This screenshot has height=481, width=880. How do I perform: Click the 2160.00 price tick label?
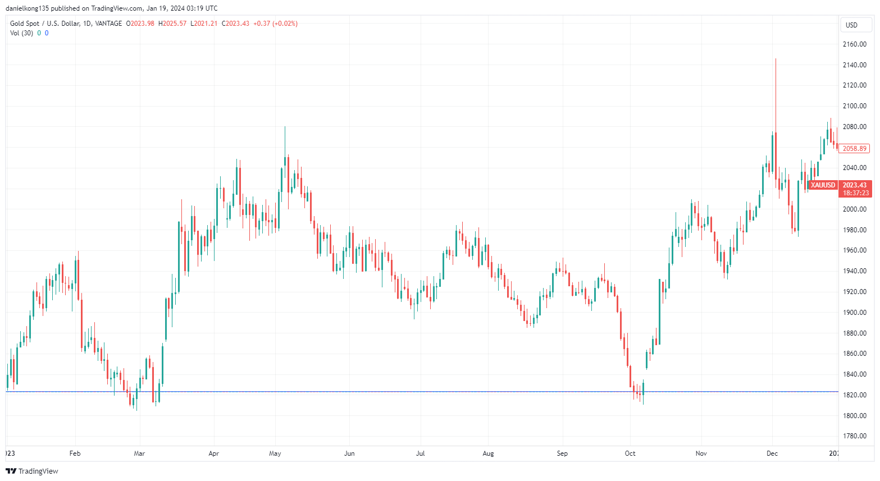(x=854, y=44)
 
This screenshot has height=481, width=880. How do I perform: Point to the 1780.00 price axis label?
(x=854, y=436)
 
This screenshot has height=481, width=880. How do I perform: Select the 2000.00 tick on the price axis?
(x=854, y=209)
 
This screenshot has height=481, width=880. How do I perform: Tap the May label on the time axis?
(x=275, y=453)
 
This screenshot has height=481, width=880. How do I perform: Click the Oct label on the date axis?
(x=630, y=453)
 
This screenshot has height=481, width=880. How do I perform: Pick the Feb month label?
(x=75, y=453)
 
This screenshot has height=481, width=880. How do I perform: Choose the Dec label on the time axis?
(x=772, y=453)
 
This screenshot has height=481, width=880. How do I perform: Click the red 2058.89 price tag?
(x=854, y=149)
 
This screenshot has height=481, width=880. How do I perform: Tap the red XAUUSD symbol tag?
(x=823, y=185)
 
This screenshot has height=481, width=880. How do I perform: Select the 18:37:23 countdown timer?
(x=855, y=193)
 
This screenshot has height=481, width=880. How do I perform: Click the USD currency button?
(x=852, y=25)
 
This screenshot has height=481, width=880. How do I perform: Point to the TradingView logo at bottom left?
(x=32, y=471)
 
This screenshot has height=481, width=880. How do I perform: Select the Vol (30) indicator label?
(x=21, y=33)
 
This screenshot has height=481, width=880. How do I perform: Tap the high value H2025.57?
(x=172, y=24)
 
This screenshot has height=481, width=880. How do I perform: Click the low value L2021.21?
(x=204, y=24)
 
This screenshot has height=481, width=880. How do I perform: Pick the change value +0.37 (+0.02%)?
(x=275, y=24)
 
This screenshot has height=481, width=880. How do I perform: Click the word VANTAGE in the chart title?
(x=108, y=24)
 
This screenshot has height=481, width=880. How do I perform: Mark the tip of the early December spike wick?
(x=776, y=59)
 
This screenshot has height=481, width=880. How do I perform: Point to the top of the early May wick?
(x=285, y=127)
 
